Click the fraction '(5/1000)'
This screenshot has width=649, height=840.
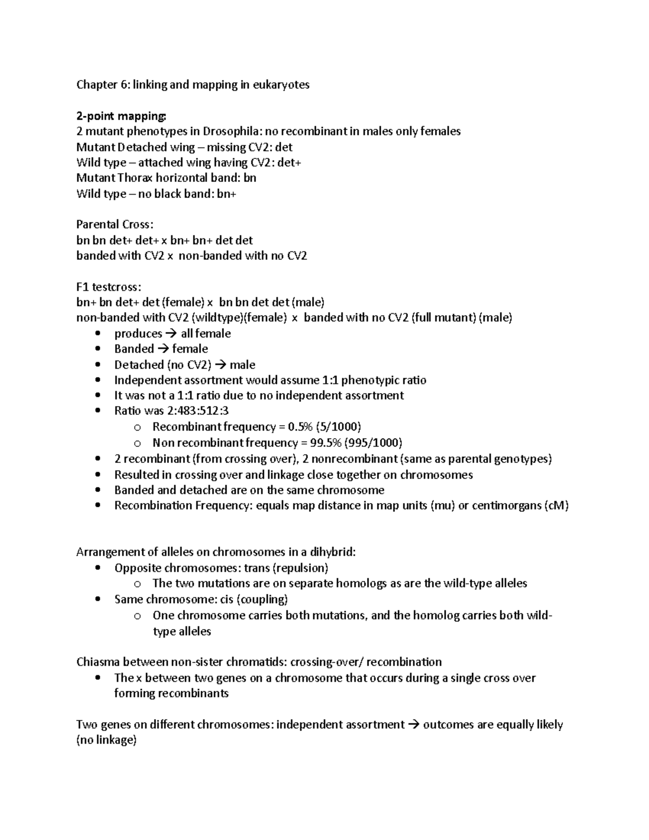point(338,427)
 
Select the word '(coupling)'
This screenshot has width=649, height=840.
point(262,599)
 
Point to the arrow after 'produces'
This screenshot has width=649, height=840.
point(171,334)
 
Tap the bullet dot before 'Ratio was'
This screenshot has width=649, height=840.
point(97,411)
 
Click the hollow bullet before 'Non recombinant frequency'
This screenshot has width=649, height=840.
point(137,444)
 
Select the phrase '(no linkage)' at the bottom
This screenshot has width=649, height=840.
point(106,740)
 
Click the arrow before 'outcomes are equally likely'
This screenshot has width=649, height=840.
point(414,725)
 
